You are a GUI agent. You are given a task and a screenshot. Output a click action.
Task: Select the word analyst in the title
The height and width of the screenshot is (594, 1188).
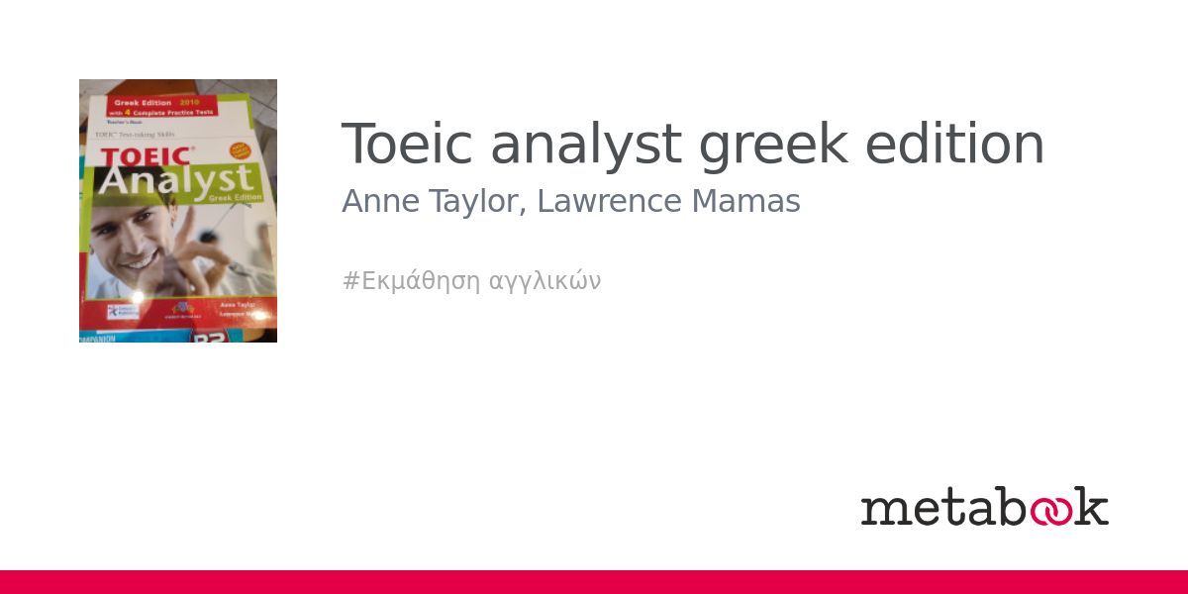pos(586,145)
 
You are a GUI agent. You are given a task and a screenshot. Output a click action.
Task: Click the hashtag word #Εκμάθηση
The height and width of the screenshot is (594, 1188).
pos(412,281)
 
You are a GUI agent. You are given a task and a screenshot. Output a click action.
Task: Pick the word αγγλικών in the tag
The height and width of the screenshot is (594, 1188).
pos(545,281)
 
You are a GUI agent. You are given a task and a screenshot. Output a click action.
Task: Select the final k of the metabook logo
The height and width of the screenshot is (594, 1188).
pos(1091,506)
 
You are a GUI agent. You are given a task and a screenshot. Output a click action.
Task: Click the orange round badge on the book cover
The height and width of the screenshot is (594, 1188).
pos(241,152)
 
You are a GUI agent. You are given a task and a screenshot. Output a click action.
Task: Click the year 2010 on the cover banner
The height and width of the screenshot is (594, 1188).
pos(188,102)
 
